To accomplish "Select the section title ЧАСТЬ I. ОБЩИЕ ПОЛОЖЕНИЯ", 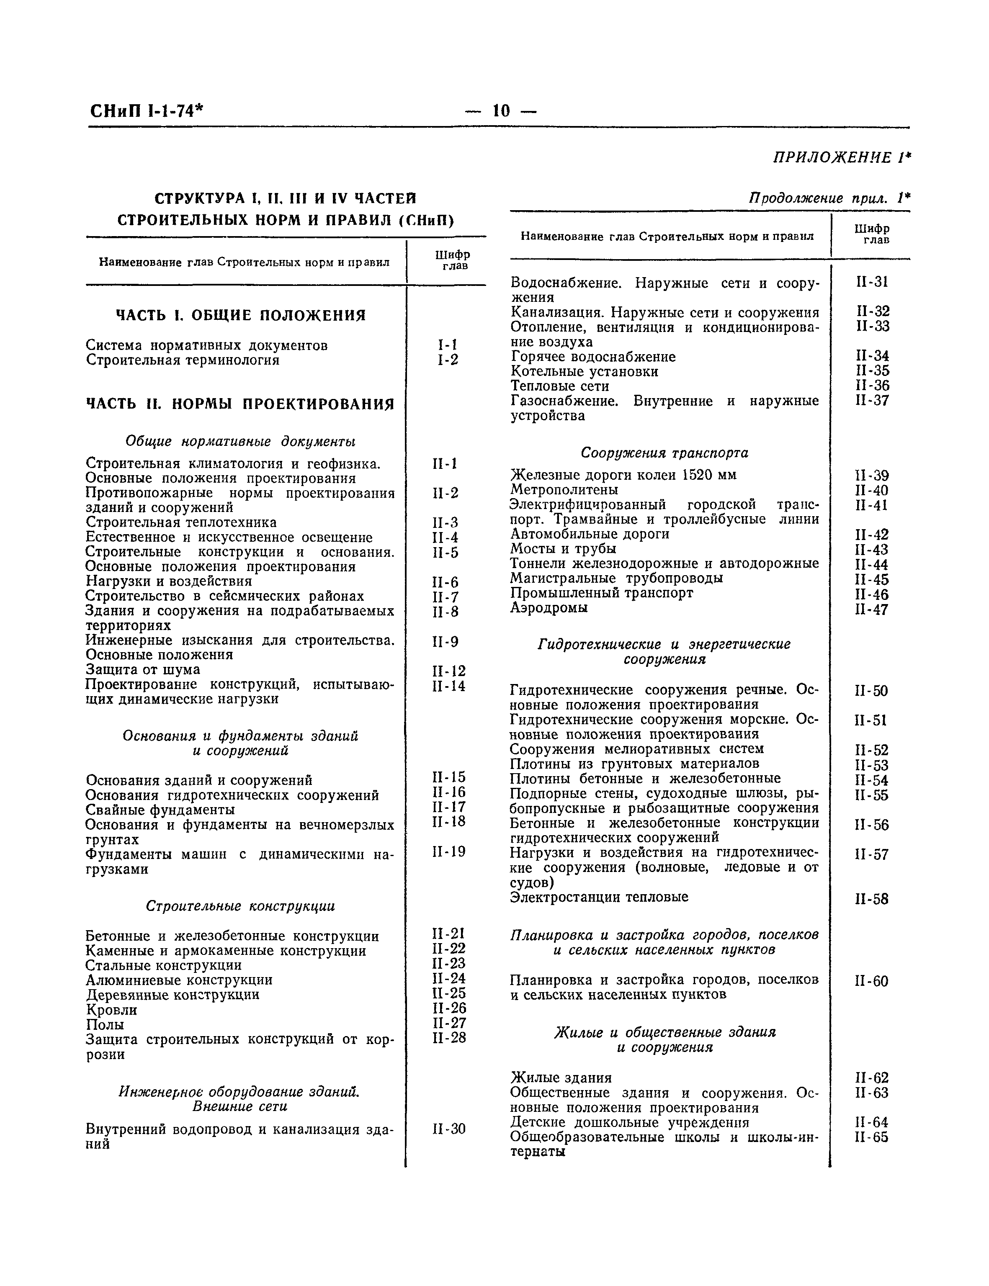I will click(x=240, y=316).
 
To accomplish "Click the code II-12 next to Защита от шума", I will click(x=448, y=670).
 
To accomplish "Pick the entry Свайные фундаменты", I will click(x=160, y=810).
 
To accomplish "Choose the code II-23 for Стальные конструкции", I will click(x=448, y=964).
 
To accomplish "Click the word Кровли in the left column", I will click(x=111, y=1010).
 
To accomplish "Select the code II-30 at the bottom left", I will click(x=448, y=1129).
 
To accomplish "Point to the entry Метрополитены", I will click(x=564, y=490).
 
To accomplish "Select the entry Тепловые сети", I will click(x=559, y=386).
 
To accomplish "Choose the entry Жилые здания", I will click(x=560, y=1078).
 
